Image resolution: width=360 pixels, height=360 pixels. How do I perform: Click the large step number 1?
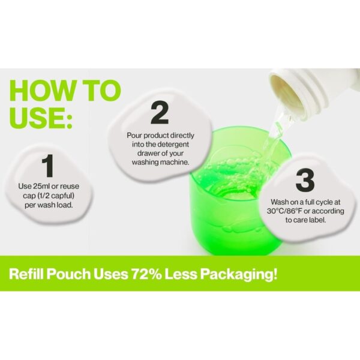point(48,166)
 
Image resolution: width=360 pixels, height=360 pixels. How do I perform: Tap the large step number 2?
point(160,113)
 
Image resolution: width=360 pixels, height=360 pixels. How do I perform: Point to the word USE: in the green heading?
point(41,118)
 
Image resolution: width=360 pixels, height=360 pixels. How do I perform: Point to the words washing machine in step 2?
point(160,162)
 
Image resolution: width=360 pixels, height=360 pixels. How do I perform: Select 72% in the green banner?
point(146,274)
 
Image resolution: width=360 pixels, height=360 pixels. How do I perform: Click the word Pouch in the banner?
point(68,274)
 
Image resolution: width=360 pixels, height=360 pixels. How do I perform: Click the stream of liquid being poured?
point(274,138)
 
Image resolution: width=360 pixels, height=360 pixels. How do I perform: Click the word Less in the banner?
point(181,274)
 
